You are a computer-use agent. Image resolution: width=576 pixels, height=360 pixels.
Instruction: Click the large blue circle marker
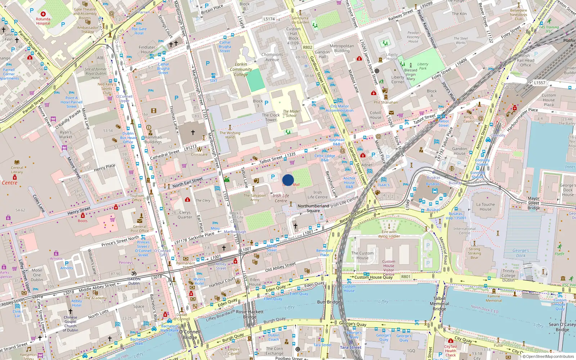[x=288, y=180]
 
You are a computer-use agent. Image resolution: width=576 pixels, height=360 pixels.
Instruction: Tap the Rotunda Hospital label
[x=43, y=21]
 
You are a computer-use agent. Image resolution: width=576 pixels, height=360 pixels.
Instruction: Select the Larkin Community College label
[x=241, y=69]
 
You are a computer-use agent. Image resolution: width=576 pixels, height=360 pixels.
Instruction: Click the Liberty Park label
[x=423, y=66]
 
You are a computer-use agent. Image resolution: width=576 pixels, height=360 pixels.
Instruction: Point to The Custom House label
[x=363, y=255]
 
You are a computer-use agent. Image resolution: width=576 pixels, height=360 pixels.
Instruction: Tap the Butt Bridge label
[x=328, y=302]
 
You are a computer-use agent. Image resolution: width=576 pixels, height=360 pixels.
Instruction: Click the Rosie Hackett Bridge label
[x=250, y=314]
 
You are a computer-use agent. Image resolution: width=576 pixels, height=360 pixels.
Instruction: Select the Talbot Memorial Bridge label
[x=439, y=303]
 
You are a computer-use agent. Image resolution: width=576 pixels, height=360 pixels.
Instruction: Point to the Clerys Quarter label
[x=185, y=215]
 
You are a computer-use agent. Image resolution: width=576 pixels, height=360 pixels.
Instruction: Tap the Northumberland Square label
[x=313, y=208]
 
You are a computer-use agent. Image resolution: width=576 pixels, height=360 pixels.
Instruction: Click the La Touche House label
[x=485, y=207]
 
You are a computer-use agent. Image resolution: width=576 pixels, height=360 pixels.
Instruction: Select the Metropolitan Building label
[x=342, y=48]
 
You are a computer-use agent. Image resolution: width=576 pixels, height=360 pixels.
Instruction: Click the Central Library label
[x=17, y=170]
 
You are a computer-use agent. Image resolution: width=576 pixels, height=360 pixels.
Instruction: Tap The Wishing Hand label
[x=230, y=135]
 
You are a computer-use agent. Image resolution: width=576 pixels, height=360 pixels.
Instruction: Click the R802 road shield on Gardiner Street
[x=307, y=47]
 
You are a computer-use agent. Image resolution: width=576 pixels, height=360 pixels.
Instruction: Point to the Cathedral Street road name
[x=165, y=155]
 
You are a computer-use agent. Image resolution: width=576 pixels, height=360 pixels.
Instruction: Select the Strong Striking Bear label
[x=474, y=253]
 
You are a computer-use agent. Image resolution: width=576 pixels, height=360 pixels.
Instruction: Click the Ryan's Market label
[x=66, y=135]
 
